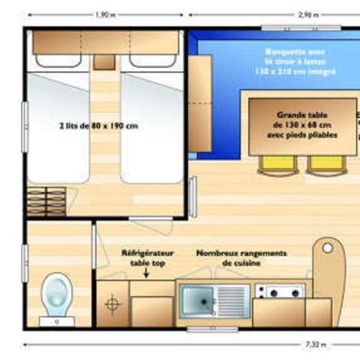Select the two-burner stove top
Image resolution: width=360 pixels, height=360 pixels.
coord(279,291)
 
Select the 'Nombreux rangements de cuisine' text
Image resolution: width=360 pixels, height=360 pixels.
coord(240,258)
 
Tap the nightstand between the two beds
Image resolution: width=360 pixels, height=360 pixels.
coord(105,61)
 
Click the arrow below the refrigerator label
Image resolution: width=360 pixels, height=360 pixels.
coord(147,274)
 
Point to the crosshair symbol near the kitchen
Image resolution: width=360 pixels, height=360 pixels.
coord(112,304)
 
